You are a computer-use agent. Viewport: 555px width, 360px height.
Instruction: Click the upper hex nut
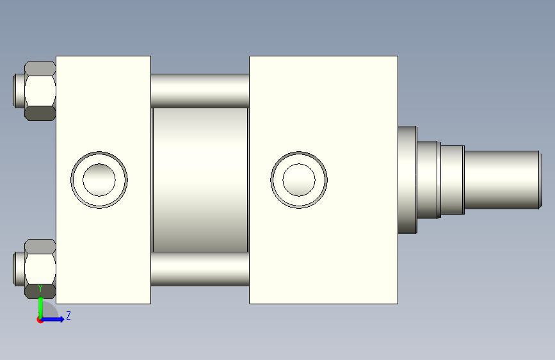pos(40,91)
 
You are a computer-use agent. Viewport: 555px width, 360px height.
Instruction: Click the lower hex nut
pos(40,268)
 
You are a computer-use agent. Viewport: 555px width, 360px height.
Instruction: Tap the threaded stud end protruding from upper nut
pos(19,91)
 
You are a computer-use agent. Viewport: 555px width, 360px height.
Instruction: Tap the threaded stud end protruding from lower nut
pos(19,268)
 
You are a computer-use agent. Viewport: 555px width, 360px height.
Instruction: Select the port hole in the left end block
pos(99,180)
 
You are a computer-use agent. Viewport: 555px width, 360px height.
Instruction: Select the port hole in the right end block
pos(299,180)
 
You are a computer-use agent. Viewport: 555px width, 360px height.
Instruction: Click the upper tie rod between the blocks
pos(200,91)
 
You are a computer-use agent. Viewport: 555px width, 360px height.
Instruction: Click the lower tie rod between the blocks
pos(200,269)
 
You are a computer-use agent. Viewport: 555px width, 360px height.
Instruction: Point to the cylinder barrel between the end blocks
pos(200,180)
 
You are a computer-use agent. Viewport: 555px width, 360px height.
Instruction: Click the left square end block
pos(103,180)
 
